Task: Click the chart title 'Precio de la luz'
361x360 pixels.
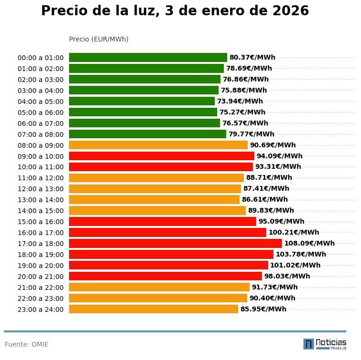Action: pos(175,11)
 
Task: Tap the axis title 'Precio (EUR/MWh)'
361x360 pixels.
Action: pos(99,39)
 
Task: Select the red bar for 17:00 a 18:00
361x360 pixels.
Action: pos(175,243)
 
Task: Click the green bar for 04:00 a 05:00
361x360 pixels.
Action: pos(142,101)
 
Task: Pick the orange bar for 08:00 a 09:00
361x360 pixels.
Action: pos(158,145)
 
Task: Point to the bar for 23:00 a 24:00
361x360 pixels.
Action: pos(153,309)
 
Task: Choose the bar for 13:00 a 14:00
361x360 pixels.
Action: pos(154,199)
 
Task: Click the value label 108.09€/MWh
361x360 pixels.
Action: pos(309,243)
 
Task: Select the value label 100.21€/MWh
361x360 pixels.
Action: pos(293,232)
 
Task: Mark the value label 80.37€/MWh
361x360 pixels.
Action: pos(252,57)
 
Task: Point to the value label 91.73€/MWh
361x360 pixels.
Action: pos(274,287)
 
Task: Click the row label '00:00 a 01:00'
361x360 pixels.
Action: pos(40,58)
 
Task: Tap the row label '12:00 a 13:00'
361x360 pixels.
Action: pos(40,189)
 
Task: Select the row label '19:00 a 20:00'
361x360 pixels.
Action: pos(40,266)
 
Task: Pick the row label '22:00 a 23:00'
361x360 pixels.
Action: pos(40,298)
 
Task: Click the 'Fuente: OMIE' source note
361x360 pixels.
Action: pos(27,344)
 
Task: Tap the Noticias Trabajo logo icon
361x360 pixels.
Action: pos(309,344)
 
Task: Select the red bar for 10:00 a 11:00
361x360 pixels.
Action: pos(161,167)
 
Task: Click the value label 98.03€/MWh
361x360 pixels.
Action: pos(287,276)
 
